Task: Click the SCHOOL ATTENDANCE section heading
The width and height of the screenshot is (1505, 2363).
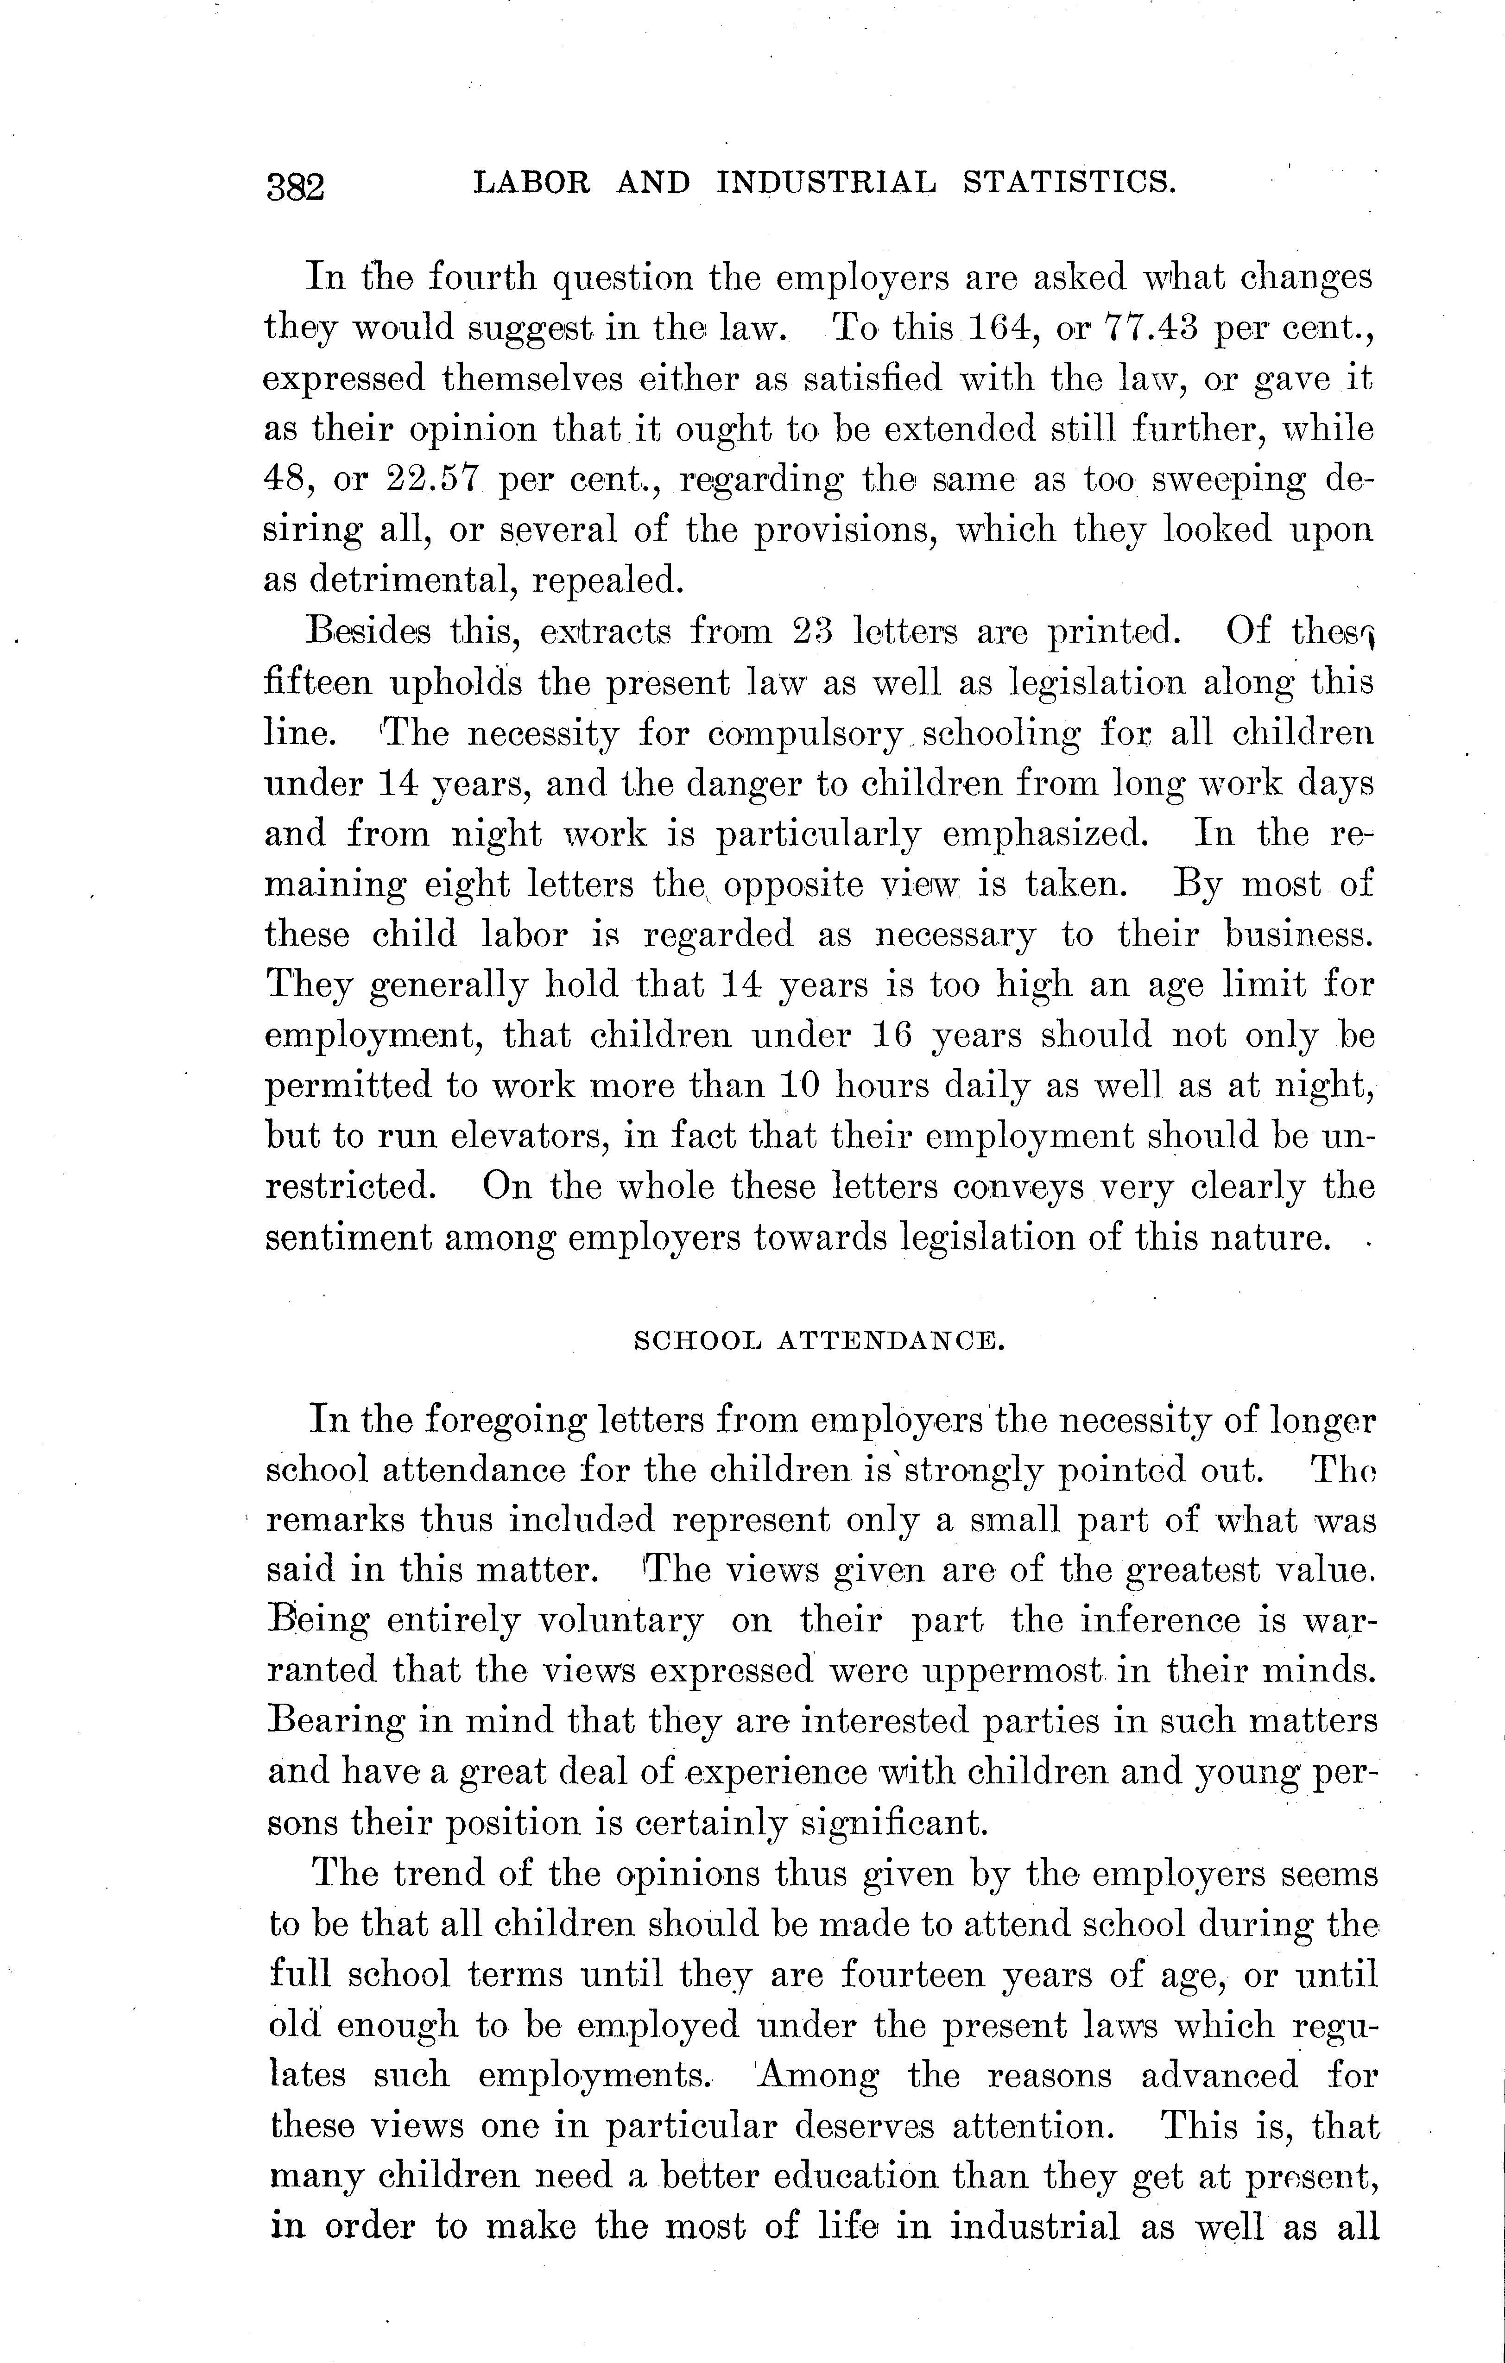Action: [819, 1340]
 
